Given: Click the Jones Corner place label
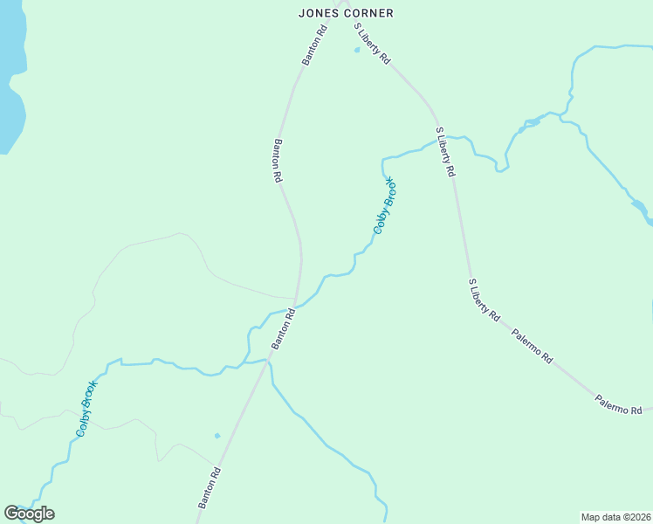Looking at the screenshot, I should pos(346,13).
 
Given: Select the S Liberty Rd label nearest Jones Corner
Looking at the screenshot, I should pos(372,43).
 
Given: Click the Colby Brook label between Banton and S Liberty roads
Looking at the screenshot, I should pos(385,205).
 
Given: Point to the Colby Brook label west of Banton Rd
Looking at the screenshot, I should pos(86,408).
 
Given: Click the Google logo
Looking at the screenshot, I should pos(29,514).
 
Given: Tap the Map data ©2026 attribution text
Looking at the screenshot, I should pos(615,517).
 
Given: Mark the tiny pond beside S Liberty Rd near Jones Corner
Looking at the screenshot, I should pos(356,50).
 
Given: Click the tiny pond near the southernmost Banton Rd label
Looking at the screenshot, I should pos(217,435).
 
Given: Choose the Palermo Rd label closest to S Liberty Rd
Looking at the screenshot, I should pos(533,345).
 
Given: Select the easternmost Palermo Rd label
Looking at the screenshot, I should pos(619,403).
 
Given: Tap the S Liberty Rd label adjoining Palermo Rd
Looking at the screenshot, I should pos(484,300).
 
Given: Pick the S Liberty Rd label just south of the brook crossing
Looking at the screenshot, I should pos(445,153).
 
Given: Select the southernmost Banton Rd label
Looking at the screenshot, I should pos(210,488).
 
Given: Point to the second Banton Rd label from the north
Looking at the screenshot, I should pos(278,161).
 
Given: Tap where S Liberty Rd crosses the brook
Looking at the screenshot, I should pos(439,139).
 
